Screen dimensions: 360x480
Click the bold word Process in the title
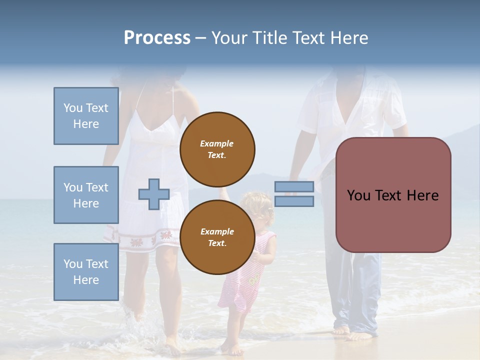(x=157, y=38)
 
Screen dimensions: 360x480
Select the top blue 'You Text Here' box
(x=86, y=116)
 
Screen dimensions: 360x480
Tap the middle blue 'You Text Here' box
(x=86, y=195)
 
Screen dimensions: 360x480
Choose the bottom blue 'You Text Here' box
(x=86, y=272)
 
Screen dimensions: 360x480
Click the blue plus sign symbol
(x=154, y=194)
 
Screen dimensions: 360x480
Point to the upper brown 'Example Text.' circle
(x=217, y=149)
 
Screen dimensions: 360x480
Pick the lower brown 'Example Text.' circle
(x=217, y=237)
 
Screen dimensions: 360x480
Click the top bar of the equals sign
(x=294, y=187)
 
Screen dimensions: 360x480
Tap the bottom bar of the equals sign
(x=294, y=201)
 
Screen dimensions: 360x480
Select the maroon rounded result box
(x=393, y=195)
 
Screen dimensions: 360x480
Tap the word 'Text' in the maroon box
(x=392, y=195)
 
